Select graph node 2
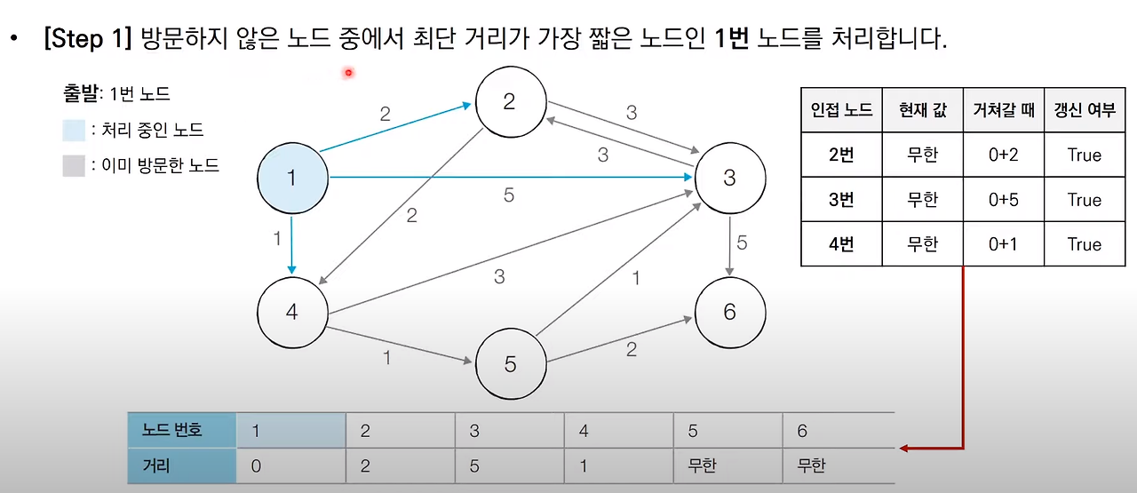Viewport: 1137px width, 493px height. (x=509, y=101)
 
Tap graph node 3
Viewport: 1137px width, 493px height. (x=729, y=178)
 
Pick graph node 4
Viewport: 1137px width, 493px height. (x=291, y=313)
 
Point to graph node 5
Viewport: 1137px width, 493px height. (x=510, y=364)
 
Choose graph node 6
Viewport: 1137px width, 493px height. (x=729, y=313)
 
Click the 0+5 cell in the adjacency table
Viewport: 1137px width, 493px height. (x=1003, y=200)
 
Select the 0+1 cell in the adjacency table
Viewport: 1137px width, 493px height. (x=1003, y=244)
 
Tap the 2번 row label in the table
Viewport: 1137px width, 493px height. (x=841, y=155)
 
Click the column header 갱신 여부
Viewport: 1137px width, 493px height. (x=1084, y=111)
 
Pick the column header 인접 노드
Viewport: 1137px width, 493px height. (x=841, y=111)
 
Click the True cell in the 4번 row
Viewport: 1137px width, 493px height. (x=1084, y=244)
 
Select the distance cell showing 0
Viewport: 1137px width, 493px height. (x=256, y=466)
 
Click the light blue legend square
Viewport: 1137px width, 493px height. (x=74, y=131)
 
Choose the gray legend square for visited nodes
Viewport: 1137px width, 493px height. (x=74, y=165)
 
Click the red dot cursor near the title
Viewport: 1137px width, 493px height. (x=349, y=73)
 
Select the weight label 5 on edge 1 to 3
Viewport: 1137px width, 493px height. (x=509, y=195)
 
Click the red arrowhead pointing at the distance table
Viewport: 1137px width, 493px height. (x=904, y=448)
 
